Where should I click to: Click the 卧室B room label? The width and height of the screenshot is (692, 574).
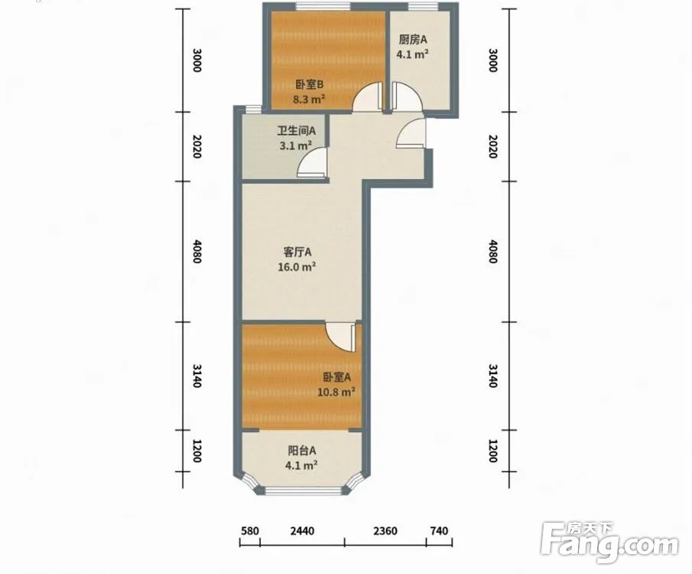coord(310,84)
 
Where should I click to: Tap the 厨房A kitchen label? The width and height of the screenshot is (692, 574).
coord(413,40)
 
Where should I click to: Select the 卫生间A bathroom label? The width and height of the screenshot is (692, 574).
coord(296,131)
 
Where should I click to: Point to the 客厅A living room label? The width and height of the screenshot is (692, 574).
coord(297,253)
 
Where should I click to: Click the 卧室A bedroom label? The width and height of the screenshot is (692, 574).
coord(336,377)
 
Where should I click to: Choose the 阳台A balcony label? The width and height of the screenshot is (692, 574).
coord(302,451)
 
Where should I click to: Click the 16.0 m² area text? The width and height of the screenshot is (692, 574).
coord(297,267)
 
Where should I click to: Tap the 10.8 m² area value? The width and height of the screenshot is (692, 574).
coord(336,392)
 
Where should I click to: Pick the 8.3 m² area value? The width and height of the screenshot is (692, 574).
coord(310,99)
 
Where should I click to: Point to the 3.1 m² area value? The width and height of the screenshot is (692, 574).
coord(296,145)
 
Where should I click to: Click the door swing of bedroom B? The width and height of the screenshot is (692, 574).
coord(367,96)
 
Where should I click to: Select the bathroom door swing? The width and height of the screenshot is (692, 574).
coord(313,162)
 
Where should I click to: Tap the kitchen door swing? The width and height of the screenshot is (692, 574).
coord(407,96)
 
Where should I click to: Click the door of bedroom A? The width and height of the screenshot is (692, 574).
coord(341,338)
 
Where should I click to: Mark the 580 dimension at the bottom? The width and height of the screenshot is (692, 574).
coord(250,530)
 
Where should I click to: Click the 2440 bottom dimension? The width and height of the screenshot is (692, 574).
coord(302,530)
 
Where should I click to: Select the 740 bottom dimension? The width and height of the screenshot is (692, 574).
coord(439,530)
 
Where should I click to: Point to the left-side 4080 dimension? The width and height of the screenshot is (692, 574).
coord(197,252)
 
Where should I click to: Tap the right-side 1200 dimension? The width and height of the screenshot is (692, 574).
coord(493,451)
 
